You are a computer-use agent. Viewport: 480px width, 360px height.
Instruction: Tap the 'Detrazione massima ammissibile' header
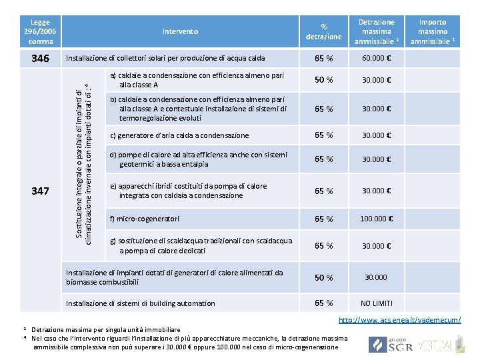(x=377, y=31)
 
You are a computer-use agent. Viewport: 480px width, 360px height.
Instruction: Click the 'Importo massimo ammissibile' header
(x=433, y=31)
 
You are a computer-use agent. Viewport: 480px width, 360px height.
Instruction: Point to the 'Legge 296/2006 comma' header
(x=40, y=31)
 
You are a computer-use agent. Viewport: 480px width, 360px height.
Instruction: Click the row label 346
(x=40, y=59)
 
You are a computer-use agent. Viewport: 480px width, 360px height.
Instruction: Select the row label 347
(x=40, y=191)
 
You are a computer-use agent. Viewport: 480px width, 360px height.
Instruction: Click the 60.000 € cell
(x=377, y=59)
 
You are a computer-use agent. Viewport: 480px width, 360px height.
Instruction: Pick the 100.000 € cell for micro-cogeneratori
(x=377, y=219)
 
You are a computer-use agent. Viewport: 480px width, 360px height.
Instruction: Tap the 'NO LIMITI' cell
(x=377, y=303)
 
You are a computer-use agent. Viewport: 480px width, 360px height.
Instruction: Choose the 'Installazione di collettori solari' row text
(x=165, y=59)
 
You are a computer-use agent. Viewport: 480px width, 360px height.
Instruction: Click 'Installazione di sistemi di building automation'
(x=141, y=303)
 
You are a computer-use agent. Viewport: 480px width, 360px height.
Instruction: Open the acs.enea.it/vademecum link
(x=399, y=321)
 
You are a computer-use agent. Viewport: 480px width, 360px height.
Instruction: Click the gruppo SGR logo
(x=387, y=345)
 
